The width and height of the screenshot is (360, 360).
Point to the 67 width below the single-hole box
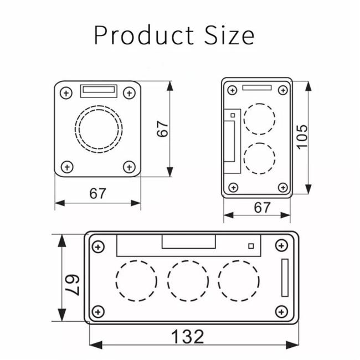[x=97, y=194]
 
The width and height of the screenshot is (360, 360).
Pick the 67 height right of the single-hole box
[x=162, y=129]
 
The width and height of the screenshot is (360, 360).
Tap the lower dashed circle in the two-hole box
[x=259, y=158]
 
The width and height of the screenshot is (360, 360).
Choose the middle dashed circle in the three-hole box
[x=187, y=281]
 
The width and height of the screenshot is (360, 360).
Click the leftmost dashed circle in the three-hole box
[x=136, y=281]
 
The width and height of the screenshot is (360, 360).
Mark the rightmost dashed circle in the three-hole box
[x=238, y=281]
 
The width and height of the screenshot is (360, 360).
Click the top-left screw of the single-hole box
[x=66, y=92]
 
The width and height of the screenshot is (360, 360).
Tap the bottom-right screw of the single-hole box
[x=129, y=166]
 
